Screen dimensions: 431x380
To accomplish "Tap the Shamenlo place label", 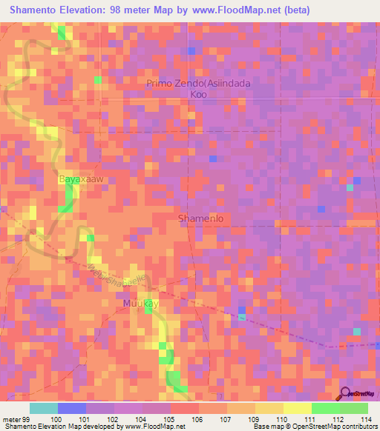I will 201,218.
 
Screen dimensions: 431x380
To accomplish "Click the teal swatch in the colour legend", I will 44,408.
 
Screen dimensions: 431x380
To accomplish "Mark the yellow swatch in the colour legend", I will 297,408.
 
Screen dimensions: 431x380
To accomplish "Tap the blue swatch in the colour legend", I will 72,408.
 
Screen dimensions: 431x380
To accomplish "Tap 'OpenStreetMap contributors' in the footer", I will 338,426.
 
